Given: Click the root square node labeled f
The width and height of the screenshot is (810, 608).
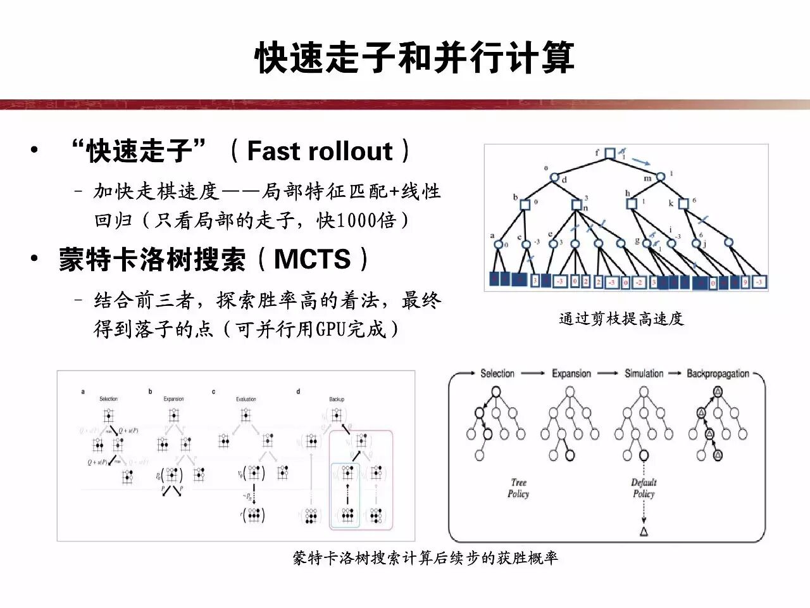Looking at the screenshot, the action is coord(609,153).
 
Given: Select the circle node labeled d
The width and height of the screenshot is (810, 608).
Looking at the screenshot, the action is coord(554,177).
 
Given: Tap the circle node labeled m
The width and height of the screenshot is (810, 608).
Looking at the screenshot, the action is coord(661,177).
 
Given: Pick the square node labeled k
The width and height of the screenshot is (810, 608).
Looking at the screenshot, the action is coord(683,203).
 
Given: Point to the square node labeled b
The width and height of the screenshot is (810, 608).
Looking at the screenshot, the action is coord(525,204).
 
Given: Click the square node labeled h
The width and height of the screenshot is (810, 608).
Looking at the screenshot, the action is coord(631,203).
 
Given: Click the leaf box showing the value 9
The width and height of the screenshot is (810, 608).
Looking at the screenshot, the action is coord(745,282).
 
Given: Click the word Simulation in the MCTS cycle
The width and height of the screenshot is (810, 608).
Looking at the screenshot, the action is coord(644,373).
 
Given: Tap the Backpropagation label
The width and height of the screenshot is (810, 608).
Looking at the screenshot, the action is coord(718,373).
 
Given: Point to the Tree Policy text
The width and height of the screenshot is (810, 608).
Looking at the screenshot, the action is coord(518,488).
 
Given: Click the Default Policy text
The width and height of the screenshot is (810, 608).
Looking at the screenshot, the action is coord(644,488).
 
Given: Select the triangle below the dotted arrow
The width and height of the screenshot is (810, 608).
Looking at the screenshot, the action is coord(644,531).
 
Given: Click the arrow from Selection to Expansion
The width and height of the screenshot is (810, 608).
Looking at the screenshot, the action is coord(533,373).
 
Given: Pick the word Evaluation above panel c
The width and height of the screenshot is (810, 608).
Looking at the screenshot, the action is coord(246,399).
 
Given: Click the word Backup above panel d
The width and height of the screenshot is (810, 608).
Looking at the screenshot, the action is coord(337,399).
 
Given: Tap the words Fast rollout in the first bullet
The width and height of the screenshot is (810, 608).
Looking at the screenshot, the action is coord(320,151).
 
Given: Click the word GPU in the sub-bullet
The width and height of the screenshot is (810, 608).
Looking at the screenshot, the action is coord(331,329).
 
